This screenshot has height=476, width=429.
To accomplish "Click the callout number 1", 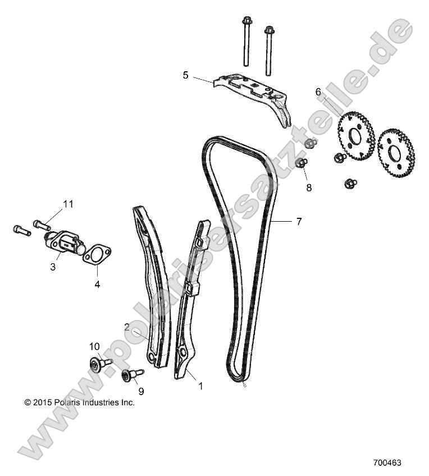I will click(200, 386).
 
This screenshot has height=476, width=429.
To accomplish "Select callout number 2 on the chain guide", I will click(127, 327).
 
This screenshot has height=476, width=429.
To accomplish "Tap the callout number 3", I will click(53, 267).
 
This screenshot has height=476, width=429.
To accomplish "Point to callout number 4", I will click(97, 284).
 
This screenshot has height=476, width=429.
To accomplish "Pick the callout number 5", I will click(185, 74).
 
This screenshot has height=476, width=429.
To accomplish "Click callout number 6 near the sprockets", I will click(318, 91).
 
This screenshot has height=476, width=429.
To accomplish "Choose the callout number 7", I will click(299, 222).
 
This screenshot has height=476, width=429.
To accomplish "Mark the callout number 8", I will click(309, 187).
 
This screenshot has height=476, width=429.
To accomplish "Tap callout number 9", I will click(141, 391).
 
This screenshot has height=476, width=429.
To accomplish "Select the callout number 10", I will click(94, 346).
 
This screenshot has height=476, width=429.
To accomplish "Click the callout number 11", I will click(67, 204).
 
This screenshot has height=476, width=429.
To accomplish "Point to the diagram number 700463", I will click(387, 464).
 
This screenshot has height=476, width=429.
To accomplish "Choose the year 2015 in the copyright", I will click(43, 402).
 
